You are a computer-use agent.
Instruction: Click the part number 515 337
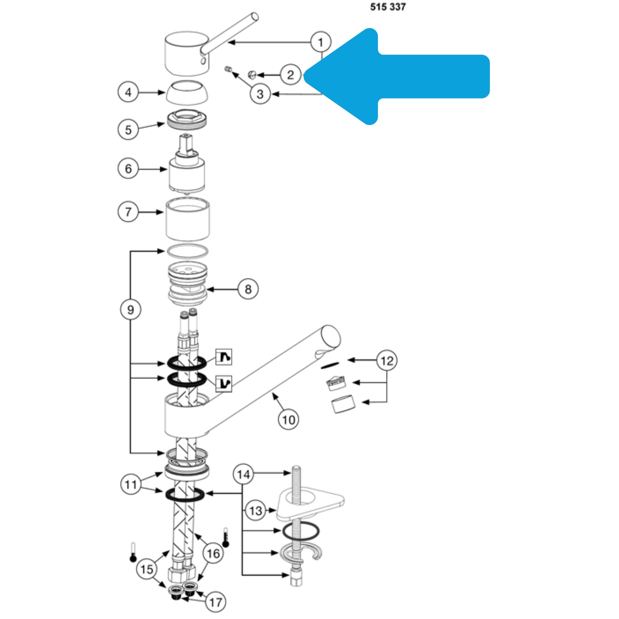[388, 7]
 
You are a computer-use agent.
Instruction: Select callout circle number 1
[321, 42]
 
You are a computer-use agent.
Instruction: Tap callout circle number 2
[290, 75]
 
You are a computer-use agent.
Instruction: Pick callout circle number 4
[128, 92]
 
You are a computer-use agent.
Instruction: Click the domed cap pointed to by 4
[186, 92]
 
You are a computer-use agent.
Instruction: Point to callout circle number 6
[128, 169]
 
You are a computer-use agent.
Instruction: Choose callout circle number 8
[248, 289]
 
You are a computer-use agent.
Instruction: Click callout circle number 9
[130, 309]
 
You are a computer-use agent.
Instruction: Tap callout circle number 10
[288, 419]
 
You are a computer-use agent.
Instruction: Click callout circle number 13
[255, 510]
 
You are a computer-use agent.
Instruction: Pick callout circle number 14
[243, 474]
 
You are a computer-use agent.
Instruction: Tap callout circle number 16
[214, 553]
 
